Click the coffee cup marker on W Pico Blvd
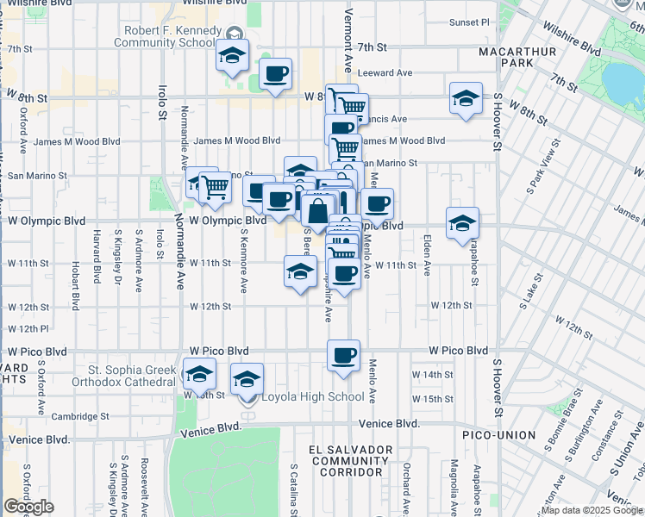pyautogui.click(x=343, y=355)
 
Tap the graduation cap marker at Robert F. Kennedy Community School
pyautogui.click(x=231, y=55)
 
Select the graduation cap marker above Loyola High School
pyautogui.click(x=247, y=379)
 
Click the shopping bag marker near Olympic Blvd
pyautogui.click(x=317, y=211)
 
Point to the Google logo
pyautogui.click(x=28, y=507)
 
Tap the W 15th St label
pyautogui.click(x=432, y=399)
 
